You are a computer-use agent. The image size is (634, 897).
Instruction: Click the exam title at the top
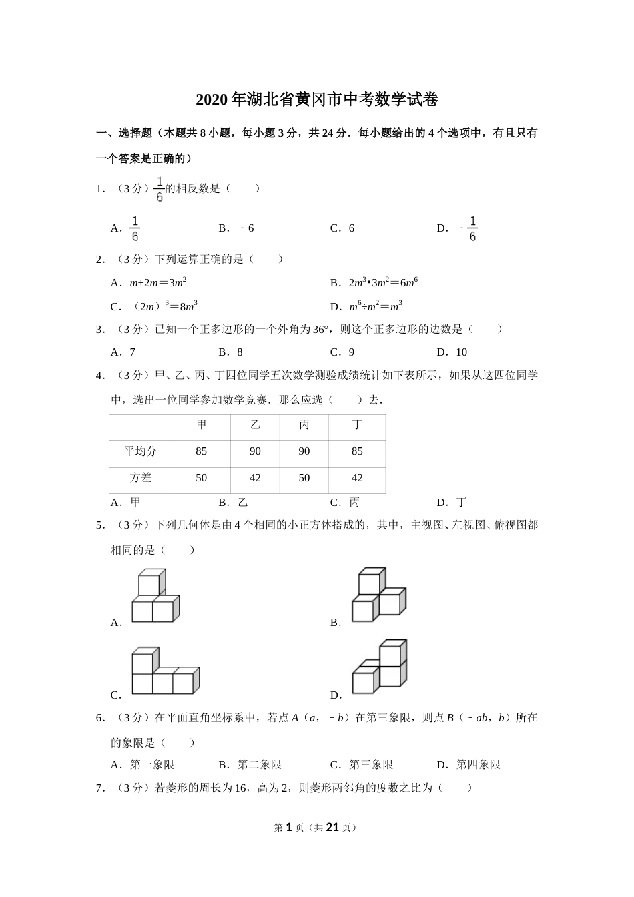(x=317, y=100)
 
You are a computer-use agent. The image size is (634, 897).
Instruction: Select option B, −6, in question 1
(x=236, y=228)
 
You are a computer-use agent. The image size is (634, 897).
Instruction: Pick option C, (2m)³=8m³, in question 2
(x=154, y=306)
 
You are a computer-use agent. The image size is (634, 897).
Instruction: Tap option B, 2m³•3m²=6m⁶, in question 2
(x=374, y=282)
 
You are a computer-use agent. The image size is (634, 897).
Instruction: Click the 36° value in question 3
(x=321, y=329)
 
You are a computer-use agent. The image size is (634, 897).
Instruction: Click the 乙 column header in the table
(x=255, y=425)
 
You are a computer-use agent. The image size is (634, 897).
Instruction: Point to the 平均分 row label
(x=141, y=452)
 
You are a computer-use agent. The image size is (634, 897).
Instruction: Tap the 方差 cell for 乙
(x=255, y=478)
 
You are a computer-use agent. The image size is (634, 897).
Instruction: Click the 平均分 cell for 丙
(x=304, y=452)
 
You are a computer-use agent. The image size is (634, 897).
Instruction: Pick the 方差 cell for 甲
(x=201, y=478)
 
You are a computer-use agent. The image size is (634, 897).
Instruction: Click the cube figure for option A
(x=155, y=596)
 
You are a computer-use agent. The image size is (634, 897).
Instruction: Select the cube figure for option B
(x=378, y=595)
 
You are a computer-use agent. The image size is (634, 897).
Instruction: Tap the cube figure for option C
(x=165, y=671)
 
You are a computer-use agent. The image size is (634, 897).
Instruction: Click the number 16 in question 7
(x=242, y=788)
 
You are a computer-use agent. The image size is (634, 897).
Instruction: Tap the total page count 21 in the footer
(x=333, y=828)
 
